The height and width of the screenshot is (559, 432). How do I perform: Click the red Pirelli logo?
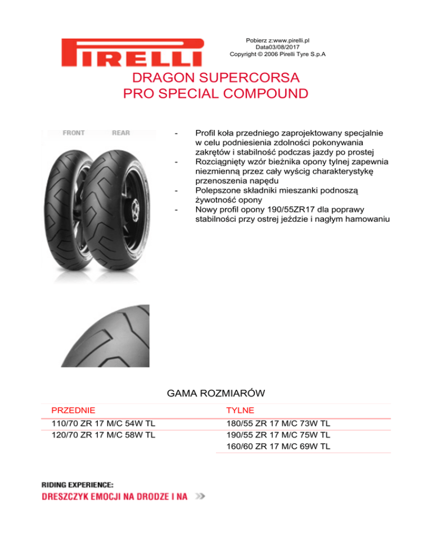(x=133, y=52)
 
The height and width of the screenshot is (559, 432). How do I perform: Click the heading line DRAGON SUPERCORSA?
(x=215, y=77)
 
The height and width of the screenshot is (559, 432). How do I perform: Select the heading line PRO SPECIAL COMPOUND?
(x=215, y=93)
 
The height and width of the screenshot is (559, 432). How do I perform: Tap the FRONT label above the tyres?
(x=74, y=133)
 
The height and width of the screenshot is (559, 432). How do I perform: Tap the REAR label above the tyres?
(x=120, y=133)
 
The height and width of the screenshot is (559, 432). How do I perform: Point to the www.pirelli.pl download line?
(x=278, y=40)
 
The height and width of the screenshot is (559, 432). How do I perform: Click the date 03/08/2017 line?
(x=278, y=47)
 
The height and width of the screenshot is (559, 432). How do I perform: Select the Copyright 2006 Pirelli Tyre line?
(x=278, y=54)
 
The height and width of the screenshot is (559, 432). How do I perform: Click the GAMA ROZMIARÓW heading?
(x=216, y=392)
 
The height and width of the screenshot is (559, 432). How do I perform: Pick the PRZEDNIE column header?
(x=73, y=411)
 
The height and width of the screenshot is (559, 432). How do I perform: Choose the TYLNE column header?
(x=240, y=411)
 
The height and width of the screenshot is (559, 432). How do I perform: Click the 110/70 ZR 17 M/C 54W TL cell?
(x=103, y=423)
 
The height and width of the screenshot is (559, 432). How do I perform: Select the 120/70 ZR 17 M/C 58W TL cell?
(x=103, y=435)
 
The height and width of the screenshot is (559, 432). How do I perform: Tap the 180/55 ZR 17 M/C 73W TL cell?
(x=278, y=423)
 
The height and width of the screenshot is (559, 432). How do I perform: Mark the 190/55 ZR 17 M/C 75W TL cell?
(x=278, y=435)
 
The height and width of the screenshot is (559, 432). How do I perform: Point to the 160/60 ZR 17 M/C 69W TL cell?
(x=278, y=447)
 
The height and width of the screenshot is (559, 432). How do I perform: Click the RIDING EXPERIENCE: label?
(x=78, y=484)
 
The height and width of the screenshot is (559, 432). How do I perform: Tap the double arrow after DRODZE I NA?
(x=200, y=497)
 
